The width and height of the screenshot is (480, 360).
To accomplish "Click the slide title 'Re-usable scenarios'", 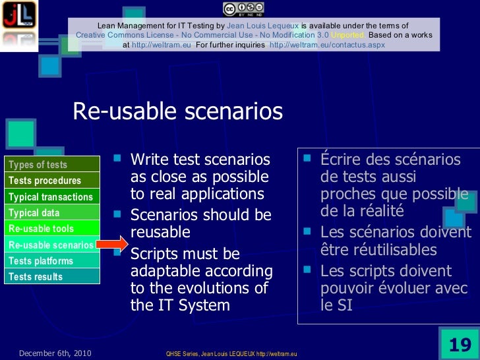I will (x=177, y=111).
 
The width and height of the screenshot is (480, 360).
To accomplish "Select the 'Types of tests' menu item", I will (x=38, y=165).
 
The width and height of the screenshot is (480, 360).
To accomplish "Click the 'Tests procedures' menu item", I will (x=45, y=181).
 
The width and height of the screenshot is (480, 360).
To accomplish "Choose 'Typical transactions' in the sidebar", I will (x=51, y=197).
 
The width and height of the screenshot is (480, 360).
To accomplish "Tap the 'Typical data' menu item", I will (x=34, y=213).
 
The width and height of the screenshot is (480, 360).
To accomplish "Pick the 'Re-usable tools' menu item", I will (x=41, y=229).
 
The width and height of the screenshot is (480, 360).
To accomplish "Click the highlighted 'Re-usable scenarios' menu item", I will (x=50, y=245).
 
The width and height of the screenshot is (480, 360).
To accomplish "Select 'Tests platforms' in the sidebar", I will (x=41, y=261).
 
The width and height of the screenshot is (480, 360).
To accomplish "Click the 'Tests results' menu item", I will (x=36, y=277).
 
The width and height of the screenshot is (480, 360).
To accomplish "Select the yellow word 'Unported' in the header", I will (x=349, y=35).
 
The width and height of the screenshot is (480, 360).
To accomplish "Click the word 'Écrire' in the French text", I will (x=341, y=160).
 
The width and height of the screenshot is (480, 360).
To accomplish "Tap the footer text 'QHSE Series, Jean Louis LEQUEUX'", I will (x=211, y=354).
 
